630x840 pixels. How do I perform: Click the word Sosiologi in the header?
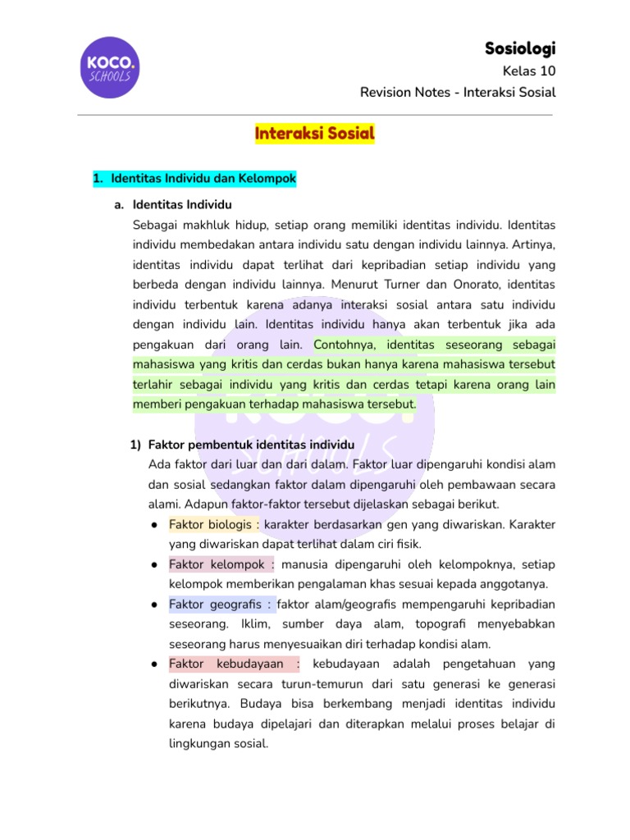pos(520,48)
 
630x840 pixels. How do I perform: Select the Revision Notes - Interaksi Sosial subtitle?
pos(458,92)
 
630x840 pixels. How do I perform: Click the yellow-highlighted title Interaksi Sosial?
pos(315,133)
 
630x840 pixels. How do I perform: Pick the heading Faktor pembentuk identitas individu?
pos(251,445)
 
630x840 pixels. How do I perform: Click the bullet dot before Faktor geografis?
pos(155,605)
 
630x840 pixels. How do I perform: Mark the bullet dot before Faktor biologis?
pos(155,524)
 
